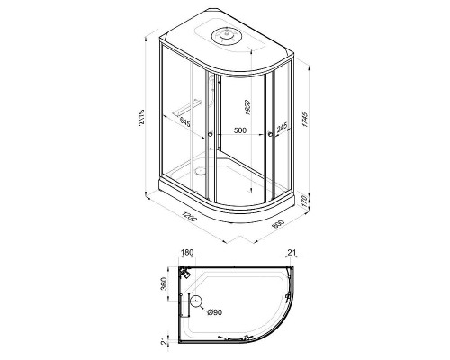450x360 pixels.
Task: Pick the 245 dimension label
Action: [283, 129]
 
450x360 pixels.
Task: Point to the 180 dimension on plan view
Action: [187, 255]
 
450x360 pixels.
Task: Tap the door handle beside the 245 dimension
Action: [272, 136]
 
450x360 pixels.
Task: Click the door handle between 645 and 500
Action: [210, 136]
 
